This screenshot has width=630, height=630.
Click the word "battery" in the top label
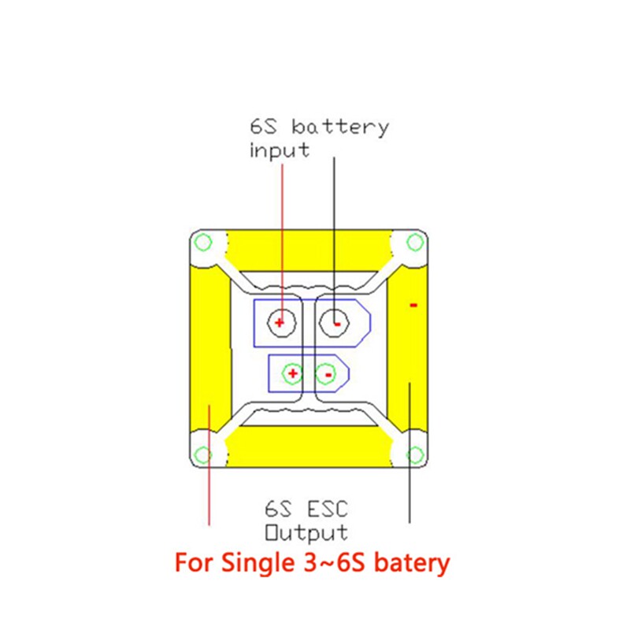[340, 127]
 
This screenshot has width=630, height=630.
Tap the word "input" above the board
[280, 150]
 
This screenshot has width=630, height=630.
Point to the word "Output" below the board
[306, 532]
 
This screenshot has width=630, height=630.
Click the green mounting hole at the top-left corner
[203, 242]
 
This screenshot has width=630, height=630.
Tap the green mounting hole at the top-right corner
[414, 242]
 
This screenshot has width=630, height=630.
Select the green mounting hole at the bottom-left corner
[203, 454]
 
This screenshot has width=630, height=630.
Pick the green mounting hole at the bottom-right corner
[414, 454]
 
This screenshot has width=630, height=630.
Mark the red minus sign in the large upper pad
[336, 322]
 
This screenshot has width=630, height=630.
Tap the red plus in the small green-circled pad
[292, 373]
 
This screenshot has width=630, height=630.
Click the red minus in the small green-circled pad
[325, 374]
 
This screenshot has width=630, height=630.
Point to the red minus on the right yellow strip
[413, 305]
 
